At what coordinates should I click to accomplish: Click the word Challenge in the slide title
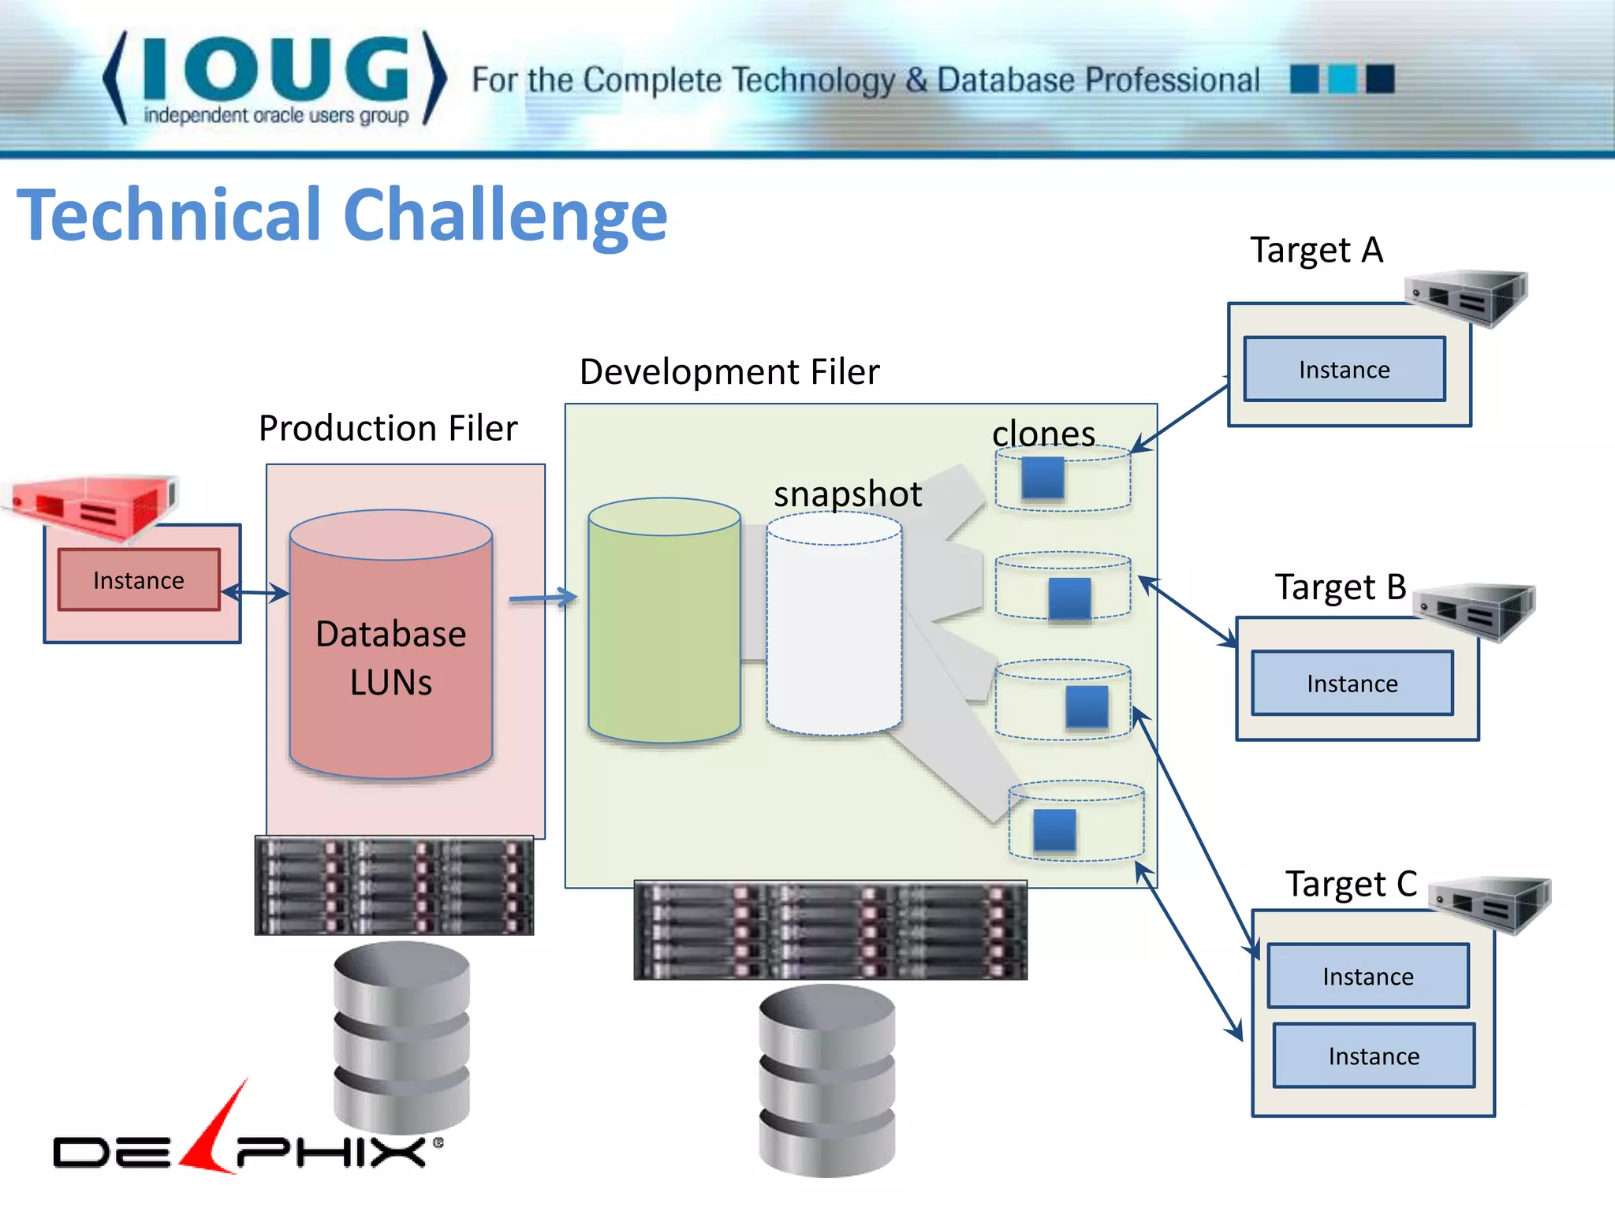(505, 215)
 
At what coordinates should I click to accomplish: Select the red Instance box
(139, 580)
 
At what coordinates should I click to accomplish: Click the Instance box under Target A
(1345, 370)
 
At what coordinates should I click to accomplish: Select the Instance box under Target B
(1352, 684)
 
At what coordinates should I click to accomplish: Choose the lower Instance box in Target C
(1374, 1056)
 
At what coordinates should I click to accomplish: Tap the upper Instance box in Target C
(1368, 977)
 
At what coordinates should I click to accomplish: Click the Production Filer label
(388, 429)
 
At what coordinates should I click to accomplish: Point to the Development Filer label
(729, 372)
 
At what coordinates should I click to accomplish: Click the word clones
(1043, 434)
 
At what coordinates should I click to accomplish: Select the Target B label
(1341, 587)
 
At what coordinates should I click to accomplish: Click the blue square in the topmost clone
(1042, 478)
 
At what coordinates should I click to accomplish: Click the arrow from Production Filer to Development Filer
(543, 598)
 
